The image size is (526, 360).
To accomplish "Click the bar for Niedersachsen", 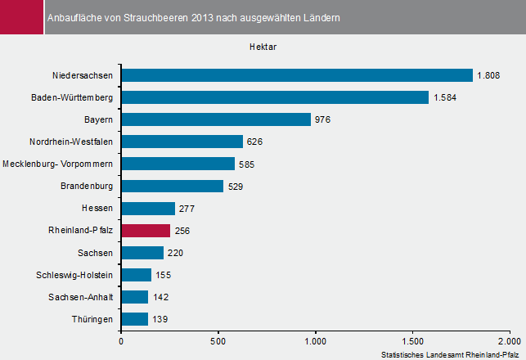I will click(x=297, y=75).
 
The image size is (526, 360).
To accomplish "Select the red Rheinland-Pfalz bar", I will click(x=146, y=231).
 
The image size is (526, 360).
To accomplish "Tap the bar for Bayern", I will click(x=216, y=119).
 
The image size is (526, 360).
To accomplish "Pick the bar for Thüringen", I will click(x=134, y=319).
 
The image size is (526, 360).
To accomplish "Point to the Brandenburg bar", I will click(x=172, y=186).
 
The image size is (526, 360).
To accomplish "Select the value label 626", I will click(x=254, y=142).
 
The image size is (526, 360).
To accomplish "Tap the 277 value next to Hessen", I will click(x=187, y=209).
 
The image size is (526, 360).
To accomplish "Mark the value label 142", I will click(x=160, y=297).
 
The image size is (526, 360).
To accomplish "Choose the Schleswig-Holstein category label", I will click(x=76, y=275).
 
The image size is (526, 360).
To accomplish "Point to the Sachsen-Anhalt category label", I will click(x=80, y=297).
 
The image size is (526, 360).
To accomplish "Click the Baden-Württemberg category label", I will click(x=72, y=97).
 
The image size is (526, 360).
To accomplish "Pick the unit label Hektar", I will click(x=263, y=47).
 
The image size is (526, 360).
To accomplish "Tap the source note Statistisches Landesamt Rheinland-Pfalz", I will click(x=451, y=353).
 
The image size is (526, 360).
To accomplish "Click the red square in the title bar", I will click(x=21, y=17).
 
